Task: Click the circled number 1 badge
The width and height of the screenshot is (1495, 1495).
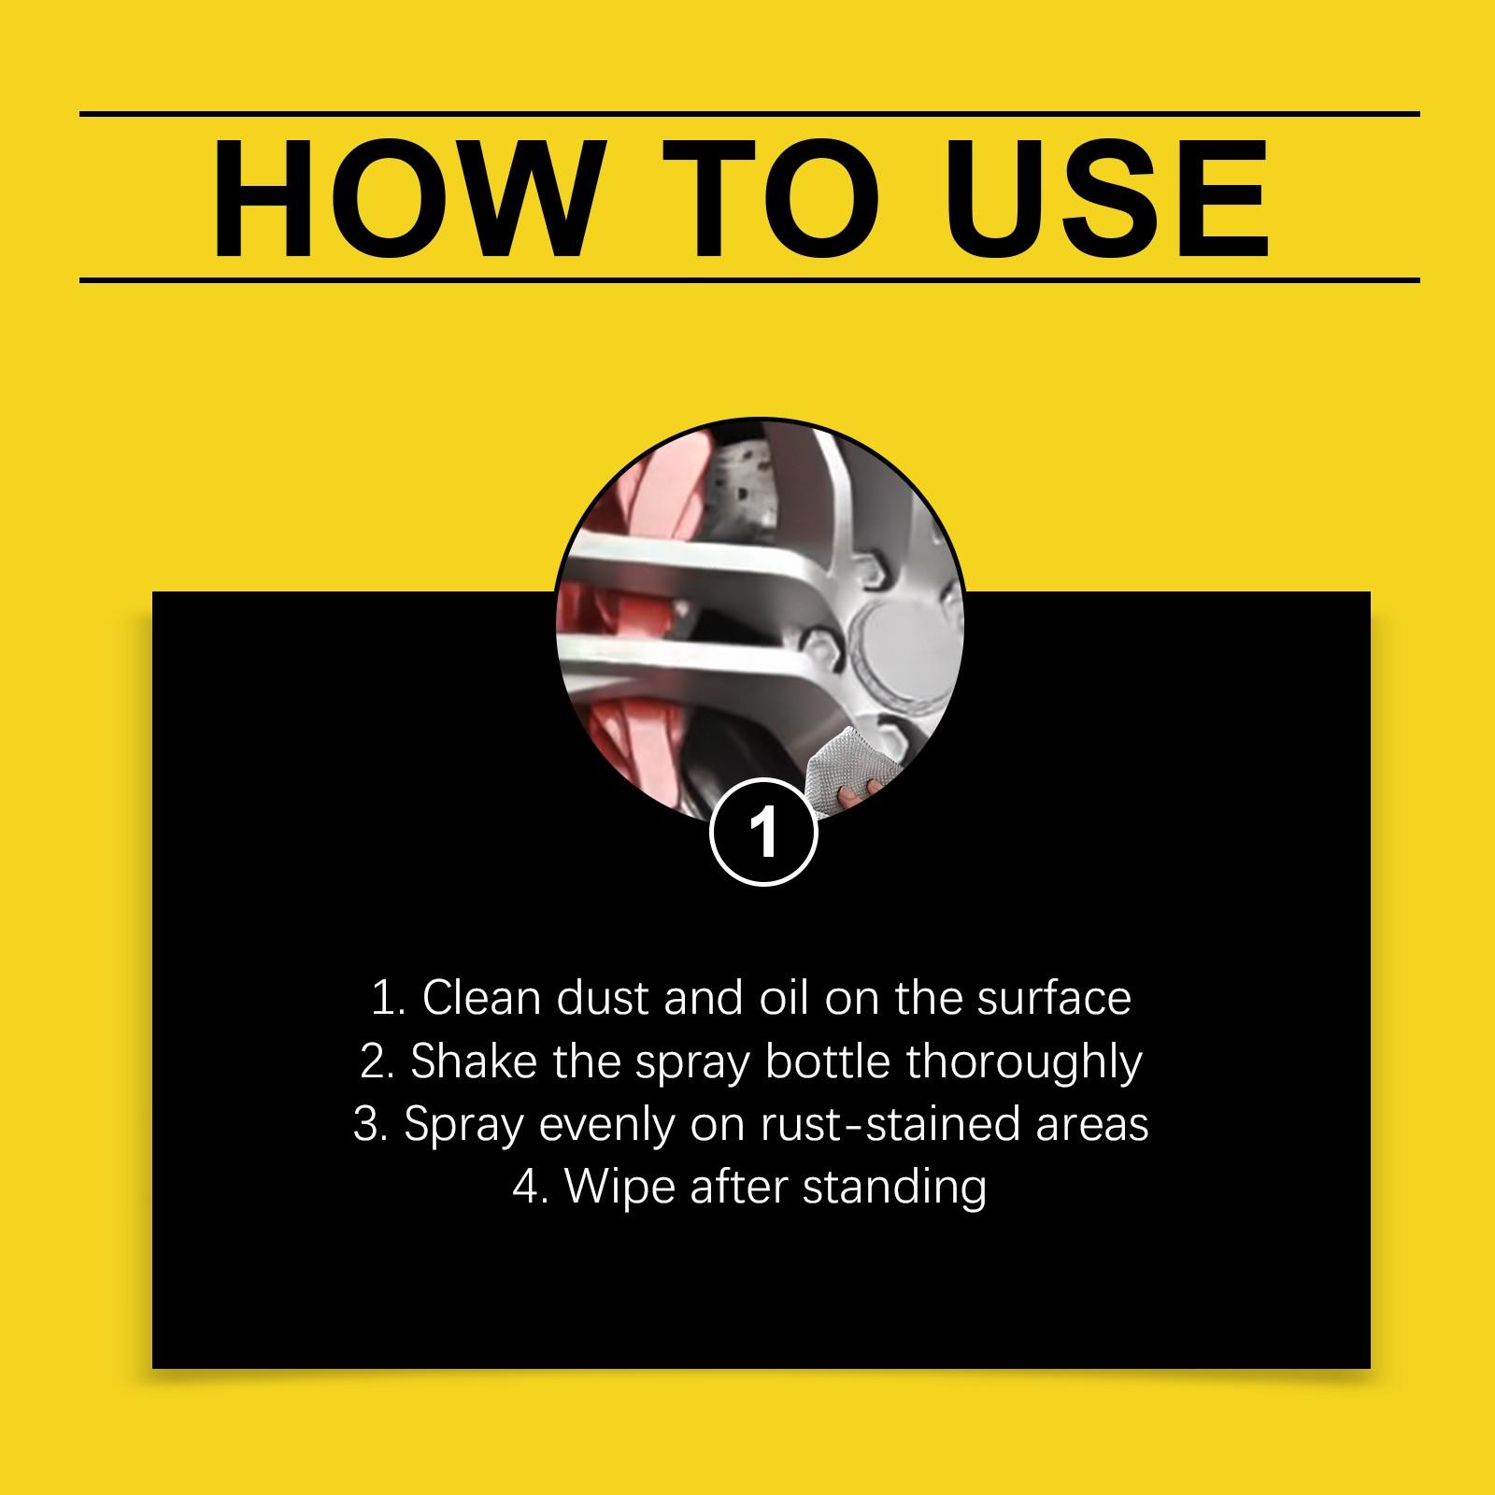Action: pyautogui.click(x=763, y=830)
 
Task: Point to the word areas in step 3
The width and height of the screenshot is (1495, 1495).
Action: pyautogui.click(x=1092, y=1125)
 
